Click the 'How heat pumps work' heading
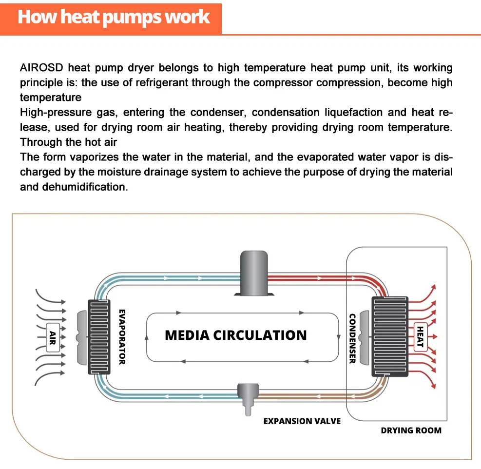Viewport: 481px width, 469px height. tap(114, 17)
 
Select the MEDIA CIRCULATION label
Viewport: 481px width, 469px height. tap(236, 335)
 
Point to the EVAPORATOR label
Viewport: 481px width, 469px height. tap(122, 336)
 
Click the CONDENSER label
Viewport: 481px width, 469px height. tap(352, 338)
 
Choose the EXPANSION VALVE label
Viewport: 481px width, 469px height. tap(302, 421)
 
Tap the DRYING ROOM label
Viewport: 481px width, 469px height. tap(411, 430)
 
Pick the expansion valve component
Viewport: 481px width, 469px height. tap(248, 394)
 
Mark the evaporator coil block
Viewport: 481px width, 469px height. tap(100, 336)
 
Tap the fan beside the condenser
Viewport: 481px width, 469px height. tap(364, 336)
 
